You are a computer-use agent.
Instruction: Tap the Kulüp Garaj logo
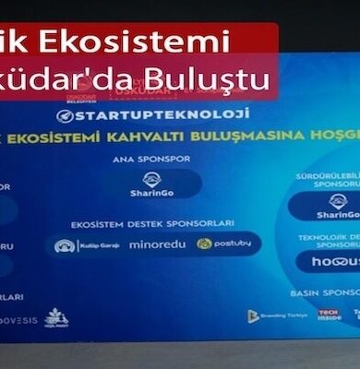[x=77, y=246]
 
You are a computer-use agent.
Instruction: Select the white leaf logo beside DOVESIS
[x=56, y=317]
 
